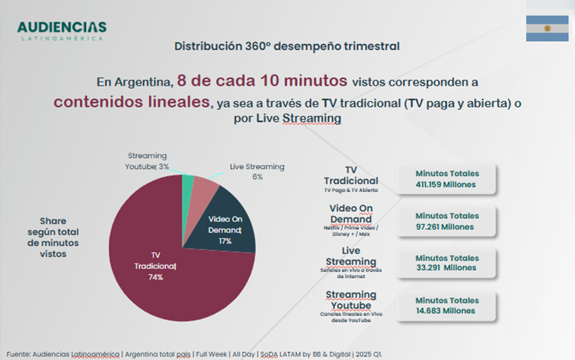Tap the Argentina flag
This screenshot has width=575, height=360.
tap(547, 28)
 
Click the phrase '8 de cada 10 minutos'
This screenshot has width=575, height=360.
tap(262, 81)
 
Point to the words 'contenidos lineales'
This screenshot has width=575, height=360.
tap(131, 101)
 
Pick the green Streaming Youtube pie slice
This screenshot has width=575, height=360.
tap(188, 183)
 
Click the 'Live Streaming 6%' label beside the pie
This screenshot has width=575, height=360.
tap(257, 171)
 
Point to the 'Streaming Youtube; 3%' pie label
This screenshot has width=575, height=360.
tap(147, 161)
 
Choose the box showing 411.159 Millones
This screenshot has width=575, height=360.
tap(447, 179)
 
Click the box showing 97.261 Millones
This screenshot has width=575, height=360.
tap(447, 221)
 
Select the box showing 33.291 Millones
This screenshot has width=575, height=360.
tap(447, 263)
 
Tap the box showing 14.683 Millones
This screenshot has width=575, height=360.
tap(447, 305)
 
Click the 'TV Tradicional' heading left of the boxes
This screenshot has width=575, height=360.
tap(350, 175)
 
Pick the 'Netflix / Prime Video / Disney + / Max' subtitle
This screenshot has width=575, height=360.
tap(350, 231)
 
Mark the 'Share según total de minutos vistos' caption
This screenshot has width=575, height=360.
tap(53, 237)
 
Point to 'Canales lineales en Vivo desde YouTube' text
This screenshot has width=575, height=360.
tap(350, 317)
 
